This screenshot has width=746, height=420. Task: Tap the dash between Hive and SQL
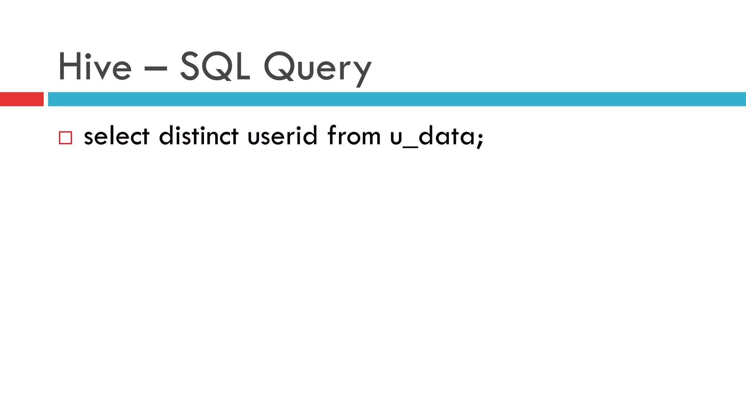pos(156,68)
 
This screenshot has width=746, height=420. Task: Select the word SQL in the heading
pos(215,66)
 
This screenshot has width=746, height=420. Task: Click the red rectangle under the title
pos(21,99)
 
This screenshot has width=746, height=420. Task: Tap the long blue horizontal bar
pos(397,99)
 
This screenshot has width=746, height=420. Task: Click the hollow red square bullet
pos(66,138)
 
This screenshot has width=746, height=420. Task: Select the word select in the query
pos(117,136)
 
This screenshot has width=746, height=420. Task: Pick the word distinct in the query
pos(199,136)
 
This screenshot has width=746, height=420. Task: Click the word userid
pos(282,136)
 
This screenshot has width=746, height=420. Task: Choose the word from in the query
pos(354,136)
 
